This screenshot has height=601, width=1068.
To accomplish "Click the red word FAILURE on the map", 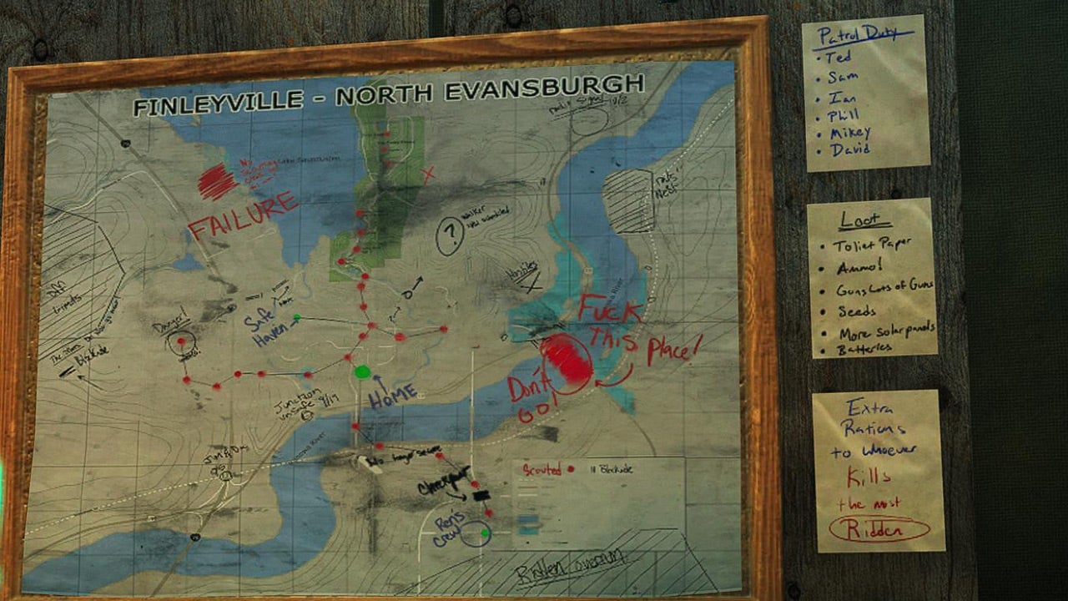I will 243,215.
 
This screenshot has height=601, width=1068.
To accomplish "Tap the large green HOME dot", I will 362,372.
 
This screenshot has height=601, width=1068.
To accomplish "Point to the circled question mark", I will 450,235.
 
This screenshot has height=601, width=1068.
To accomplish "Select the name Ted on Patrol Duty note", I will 837,58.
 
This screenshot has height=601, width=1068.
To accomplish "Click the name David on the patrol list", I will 850,150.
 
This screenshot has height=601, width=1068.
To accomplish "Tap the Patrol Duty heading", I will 864,35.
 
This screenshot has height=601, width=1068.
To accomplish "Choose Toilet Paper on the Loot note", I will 872,245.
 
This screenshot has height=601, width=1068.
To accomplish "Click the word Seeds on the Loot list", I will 857,311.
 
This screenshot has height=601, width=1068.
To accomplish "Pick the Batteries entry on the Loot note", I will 864,349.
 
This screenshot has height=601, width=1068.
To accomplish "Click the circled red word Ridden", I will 879,528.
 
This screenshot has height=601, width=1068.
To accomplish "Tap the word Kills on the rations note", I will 869,477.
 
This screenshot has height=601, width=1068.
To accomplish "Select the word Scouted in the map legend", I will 542,470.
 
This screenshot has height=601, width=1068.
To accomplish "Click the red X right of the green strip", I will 429,175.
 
